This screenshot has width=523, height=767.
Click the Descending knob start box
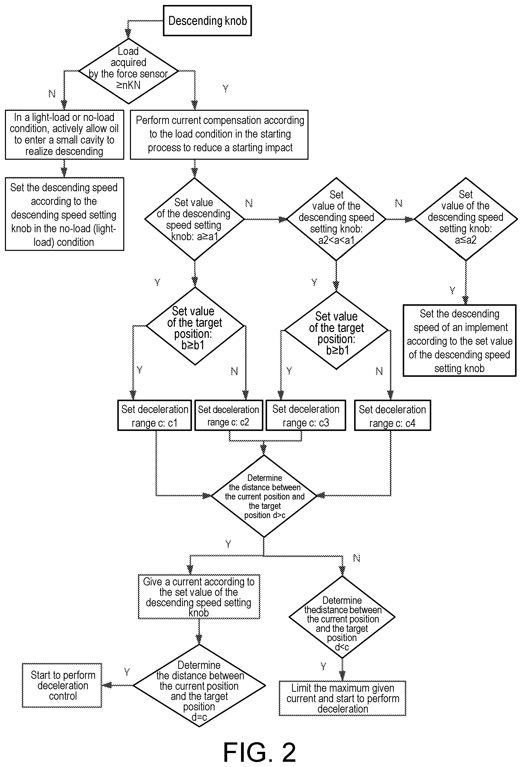click(207, 20)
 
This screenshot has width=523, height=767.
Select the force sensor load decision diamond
click(128, 71)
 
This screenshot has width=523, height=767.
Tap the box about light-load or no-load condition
click(64, 135)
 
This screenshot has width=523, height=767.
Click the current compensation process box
click(219, 135)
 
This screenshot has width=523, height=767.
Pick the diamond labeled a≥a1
click(194, 219)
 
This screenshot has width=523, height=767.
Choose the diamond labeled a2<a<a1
click(336, 219)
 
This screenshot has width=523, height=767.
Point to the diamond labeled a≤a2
click(466, 219)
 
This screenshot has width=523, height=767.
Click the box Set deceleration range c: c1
click(154, 416)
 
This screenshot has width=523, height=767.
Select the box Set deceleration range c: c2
click(229, 416)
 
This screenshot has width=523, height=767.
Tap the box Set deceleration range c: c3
click(306, 416)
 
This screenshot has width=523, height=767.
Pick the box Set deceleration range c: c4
click(393, 416)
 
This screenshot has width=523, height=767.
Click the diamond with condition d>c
click(264, 496)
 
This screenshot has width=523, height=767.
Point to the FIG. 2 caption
click(260, 752)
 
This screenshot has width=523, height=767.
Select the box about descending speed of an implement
click(460, 341)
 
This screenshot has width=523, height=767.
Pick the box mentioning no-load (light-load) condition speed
click(64, 214)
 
